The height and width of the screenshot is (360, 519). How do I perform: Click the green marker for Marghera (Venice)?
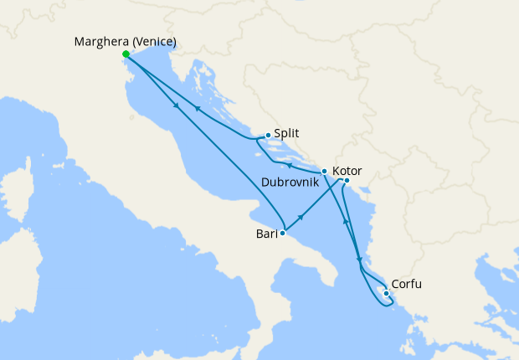coord(126,54)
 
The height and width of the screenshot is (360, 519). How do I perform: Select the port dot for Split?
coord(267,135)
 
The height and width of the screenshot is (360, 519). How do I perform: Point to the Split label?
coord(286,133)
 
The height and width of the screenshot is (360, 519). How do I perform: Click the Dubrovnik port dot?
coord(324,171)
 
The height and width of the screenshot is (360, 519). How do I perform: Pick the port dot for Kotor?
coord(347,181)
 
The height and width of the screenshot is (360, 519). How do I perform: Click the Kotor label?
coord(347,170)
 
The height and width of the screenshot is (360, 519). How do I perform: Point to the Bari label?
coord(267,234)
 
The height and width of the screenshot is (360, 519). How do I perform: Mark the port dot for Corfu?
coord(385,293)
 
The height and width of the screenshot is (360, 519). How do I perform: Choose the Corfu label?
coord(406,285)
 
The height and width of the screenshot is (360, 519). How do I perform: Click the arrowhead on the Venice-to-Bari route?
coord(176,105)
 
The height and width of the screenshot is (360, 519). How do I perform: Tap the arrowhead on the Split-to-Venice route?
coord(197,107)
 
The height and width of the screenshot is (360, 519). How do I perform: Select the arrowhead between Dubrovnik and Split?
coord(289,165)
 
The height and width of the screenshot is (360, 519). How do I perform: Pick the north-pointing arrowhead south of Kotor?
coord(345,222)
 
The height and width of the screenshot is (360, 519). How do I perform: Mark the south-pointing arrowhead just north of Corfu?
coord(360,261)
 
